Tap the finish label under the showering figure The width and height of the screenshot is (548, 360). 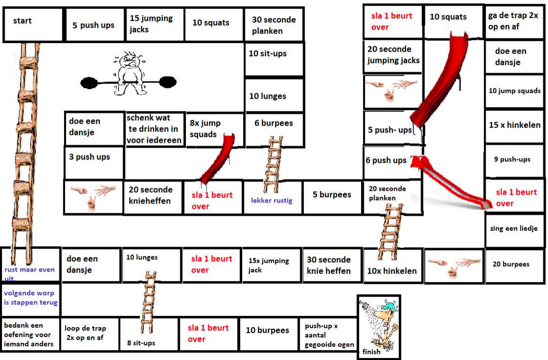(371, 352)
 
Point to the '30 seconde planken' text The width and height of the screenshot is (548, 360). (273, 25)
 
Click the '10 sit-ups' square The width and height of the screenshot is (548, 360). (274, 59)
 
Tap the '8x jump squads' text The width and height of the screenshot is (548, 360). (205, 129)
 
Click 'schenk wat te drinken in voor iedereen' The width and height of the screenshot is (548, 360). (154, 129)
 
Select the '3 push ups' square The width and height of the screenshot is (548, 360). (94, 161)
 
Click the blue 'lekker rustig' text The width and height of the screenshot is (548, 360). (271, 200)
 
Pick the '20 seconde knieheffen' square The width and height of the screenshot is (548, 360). (151, 195)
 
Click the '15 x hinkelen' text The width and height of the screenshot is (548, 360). (514, 125)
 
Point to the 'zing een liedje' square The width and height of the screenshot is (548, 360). (514, 229)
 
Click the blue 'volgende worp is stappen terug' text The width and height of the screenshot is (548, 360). (31, 298)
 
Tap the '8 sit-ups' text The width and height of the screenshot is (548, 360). (141, 343)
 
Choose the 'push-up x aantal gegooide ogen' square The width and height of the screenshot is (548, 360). (329, 335)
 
